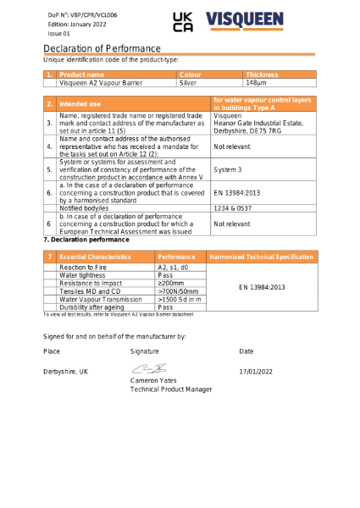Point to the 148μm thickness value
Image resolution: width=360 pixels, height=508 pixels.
(x=256, y=83)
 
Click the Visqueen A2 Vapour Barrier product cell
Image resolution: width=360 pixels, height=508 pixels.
(x=101, y=83)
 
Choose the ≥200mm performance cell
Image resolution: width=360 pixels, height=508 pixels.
(x=174, y=283)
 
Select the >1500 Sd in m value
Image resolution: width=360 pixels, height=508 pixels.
(x=180, y=299)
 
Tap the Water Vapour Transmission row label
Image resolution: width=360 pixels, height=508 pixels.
(x=101, y=299)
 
